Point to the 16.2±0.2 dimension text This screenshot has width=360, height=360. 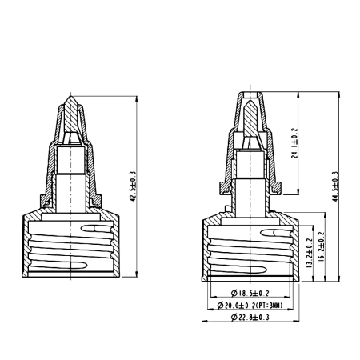tap(322, 248)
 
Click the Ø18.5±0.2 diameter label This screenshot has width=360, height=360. tap(249, 294)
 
